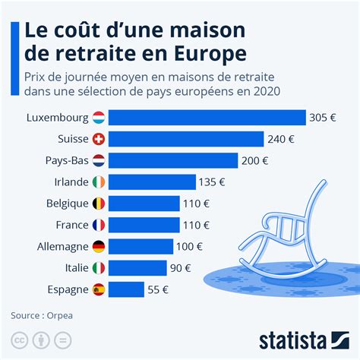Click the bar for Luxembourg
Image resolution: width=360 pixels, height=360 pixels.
(x=207, y=118)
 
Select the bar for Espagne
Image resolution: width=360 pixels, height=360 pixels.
(x=126, y=289)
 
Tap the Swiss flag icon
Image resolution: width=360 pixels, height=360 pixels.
(x=98, y=139)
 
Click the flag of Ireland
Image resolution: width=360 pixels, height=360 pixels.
(x=98, y=182)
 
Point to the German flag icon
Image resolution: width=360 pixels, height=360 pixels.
(x=98, y=246)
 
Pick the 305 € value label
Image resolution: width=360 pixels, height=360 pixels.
(x=324, y=118)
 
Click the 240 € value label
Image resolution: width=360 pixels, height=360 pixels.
(x=281, y=139)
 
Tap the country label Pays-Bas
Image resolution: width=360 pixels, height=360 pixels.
(x=66, y=160)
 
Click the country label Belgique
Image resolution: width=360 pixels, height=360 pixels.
(x=65, y=204)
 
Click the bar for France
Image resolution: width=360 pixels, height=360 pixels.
(x=144, y=225)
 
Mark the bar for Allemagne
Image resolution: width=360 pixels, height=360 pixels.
(x=141, y=246)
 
